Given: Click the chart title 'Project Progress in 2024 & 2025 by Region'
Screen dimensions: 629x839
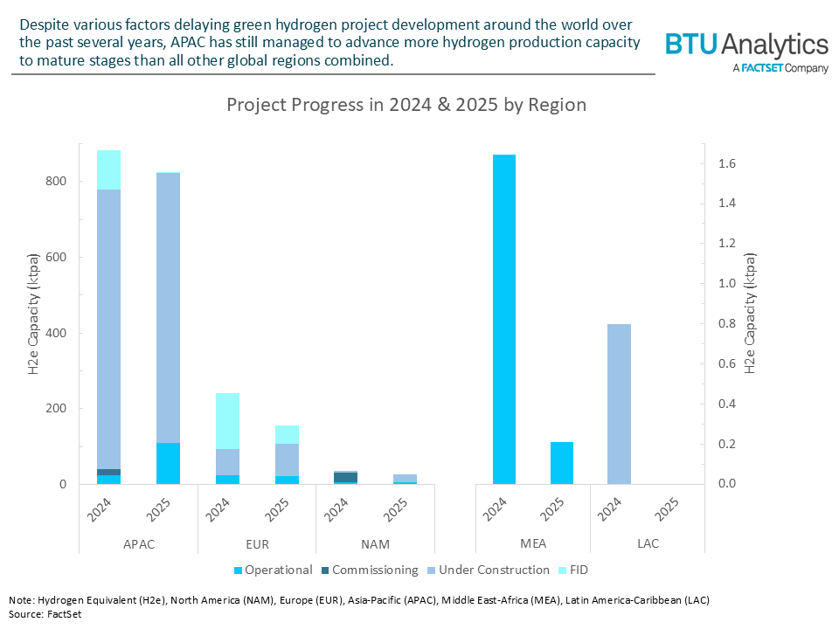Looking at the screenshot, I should click(x=406, y=105).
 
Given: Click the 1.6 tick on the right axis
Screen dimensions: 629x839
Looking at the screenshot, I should click(x=725, y=163).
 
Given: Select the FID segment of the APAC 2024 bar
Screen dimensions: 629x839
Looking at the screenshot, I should click(x=108, y=169).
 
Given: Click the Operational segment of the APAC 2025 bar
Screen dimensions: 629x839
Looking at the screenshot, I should click(x=168, y=463).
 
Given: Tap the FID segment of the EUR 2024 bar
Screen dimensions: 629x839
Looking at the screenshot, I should click(x=227, y=421).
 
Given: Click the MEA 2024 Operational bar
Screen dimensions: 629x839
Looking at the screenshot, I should click(x=504, y=319).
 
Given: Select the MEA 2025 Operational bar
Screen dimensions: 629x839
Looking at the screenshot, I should click(x=562, y=463).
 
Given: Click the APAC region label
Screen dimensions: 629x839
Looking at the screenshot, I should click(x=138, y=543).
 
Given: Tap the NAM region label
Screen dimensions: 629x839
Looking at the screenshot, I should click(x=375, y=543).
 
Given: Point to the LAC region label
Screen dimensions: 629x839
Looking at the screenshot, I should click(x=648, y=543).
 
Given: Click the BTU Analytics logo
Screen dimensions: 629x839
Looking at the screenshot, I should click(x=746, y=50).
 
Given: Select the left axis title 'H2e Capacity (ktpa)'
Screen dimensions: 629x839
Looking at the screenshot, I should click(x=34, y=315).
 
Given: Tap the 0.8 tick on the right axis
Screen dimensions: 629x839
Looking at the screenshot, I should click(x=725, y=324).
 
